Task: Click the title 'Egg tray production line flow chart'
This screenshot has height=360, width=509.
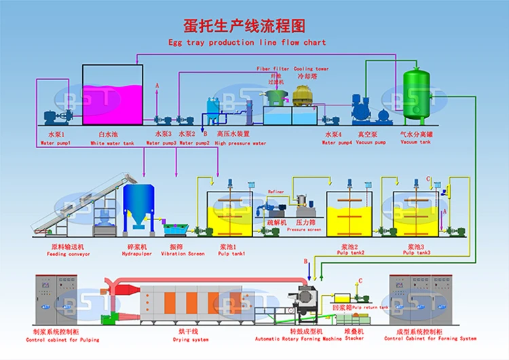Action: click(247, 42)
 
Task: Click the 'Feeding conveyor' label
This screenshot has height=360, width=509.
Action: click(69, 254)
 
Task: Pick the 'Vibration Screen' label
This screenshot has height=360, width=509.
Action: click(183, 254)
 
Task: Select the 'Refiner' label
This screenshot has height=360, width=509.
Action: click(276, 192)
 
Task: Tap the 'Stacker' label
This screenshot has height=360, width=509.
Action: click(354, 338)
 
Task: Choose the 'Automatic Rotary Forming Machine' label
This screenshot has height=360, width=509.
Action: click(299, 338)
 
